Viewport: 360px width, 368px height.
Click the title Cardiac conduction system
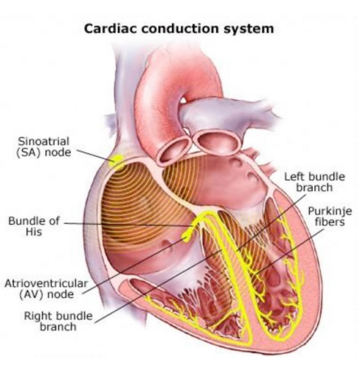point(179,29)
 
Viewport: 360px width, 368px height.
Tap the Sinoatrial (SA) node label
point(44,147)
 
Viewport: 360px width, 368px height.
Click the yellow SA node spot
point(116,160)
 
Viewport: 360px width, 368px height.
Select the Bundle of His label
point(34,226)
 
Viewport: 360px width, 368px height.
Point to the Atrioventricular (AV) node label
point(46,289)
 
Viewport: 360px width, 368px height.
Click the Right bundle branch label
point(58,322)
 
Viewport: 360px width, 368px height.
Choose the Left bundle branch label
point(314,182)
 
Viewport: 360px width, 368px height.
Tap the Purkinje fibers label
point(330,217)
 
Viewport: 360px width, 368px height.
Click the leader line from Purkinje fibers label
point(290,251)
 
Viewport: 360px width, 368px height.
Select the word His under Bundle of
point(34,232)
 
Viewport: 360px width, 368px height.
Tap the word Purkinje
point(330,212)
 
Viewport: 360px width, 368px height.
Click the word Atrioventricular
point(46,283)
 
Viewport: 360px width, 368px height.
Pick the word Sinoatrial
point(44,142)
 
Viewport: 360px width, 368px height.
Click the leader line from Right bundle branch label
point(159,286)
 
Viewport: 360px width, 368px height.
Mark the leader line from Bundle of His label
point(128,224)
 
